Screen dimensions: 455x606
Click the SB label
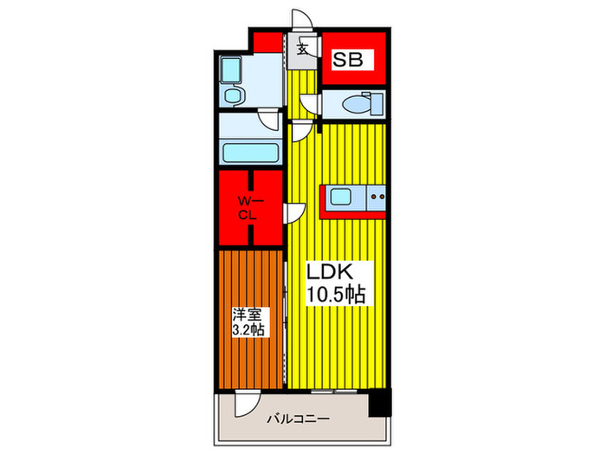point(351,60)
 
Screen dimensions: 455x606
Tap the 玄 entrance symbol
point(303,48)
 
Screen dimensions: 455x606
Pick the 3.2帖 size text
point(247,330)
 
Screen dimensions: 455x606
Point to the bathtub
point(250,153)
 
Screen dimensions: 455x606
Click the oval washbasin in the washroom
point(231,94)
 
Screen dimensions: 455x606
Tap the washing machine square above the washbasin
point(231,69)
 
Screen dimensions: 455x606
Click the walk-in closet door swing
point(294,212)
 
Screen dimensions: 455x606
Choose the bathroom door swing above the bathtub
point(271,122)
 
